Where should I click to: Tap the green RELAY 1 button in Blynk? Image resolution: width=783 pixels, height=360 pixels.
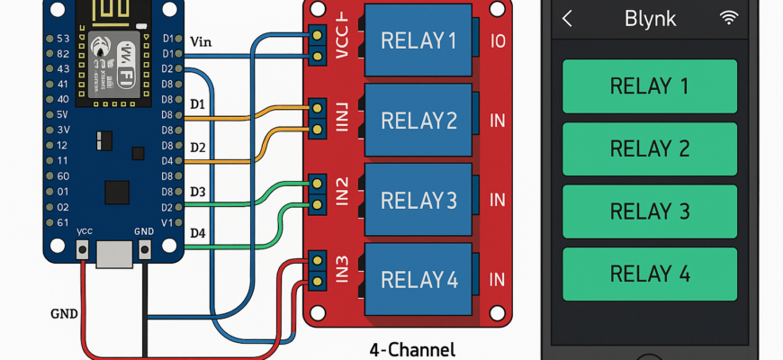(x=650, y=86)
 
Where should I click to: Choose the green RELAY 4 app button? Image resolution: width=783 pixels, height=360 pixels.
(x=650, y=274)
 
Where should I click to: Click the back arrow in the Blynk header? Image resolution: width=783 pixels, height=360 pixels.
(x=567, y=18)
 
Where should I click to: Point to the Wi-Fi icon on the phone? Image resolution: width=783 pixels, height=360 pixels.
(x=728, y=18)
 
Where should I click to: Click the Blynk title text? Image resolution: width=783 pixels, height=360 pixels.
(x=650, y=19)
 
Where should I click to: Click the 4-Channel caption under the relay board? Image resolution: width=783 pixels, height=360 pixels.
(x=412, y=349)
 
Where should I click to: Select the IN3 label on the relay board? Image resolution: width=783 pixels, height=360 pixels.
(x=342, y=274)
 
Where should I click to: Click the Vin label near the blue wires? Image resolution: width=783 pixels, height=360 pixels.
(x=202, y=41)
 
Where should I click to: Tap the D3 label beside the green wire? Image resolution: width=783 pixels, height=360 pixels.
(x=198, y=192)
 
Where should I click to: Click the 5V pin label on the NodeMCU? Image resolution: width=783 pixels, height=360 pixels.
(x=63, y=114)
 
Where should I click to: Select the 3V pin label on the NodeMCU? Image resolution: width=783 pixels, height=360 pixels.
(x=63, y=130)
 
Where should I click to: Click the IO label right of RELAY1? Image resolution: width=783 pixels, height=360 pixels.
(x=498, y=41)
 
